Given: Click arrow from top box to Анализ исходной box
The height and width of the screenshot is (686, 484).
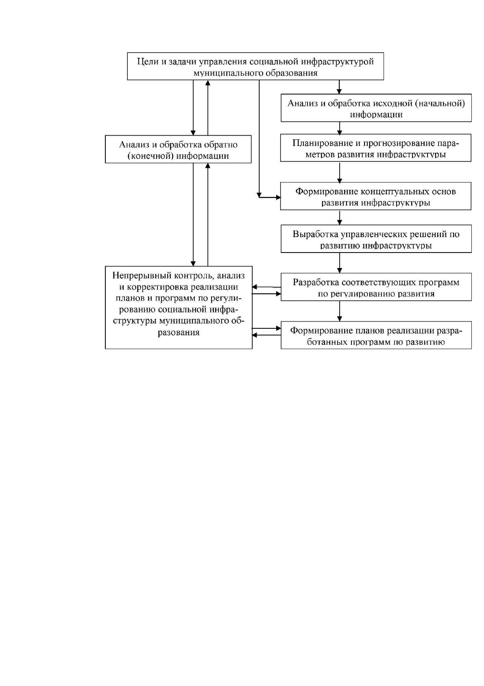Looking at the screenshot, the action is (339, 87).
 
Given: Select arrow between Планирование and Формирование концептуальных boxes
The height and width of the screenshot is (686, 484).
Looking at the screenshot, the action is (339, 172).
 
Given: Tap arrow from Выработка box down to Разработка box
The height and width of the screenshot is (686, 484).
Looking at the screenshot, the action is (339, 263).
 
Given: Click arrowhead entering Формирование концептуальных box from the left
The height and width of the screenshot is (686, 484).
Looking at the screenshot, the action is (278, 198).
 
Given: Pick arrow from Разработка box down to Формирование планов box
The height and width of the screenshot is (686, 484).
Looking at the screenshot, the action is (339, 311).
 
